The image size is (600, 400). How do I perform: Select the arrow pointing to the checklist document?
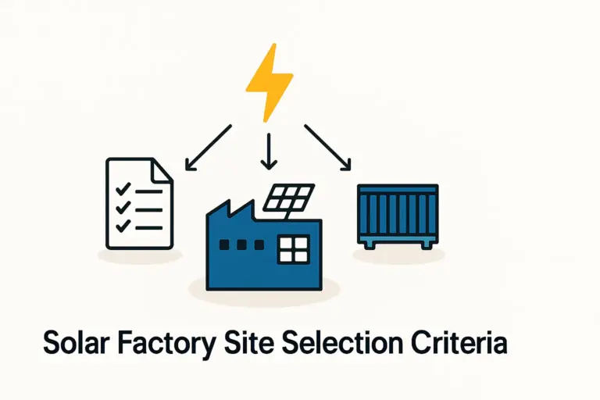(209, 146)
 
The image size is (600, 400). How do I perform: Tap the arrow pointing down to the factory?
(269, 151)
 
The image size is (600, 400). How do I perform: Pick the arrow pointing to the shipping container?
(328, 146)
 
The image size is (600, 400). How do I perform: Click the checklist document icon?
(139, 202)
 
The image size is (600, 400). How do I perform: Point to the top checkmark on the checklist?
(121, 190)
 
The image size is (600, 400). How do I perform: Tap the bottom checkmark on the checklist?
(121, 226)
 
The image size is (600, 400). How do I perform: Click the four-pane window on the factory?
(295, 250)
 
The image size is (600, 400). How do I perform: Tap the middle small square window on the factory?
(240, 245)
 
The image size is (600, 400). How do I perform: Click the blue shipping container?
(397, 212)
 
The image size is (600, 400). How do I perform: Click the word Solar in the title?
(73, 344)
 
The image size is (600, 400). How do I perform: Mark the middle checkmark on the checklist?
(121, 208)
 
